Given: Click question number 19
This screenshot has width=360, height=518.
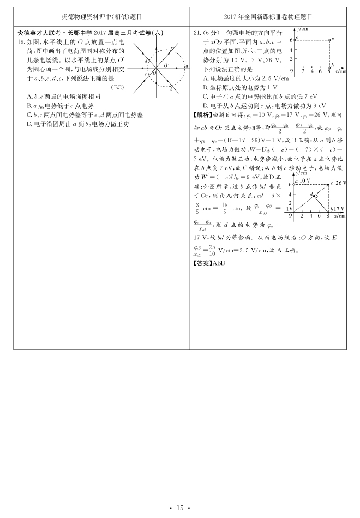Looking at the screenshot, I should point(21,42).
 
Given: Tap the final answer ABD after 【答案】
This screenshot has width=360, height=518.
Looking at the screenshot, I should point(218,262).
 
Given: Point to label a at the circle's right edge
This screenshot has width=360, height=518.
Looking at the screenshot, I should point(186,66).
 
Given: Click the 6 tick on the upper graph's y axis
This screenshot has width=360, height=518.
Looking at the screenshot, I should point(291,40).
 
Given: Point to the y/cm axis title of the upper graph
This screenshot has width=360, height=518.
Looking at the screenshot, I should point(302,28).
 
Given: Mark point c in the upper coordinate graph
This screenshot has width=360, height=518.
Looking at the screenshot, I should point(332,39).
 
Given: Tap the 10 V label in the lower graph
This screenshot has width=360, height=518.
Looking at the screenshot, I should point(305,180).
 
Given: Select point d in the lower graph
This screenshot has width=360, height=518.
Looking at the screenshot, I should point(311,194).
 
